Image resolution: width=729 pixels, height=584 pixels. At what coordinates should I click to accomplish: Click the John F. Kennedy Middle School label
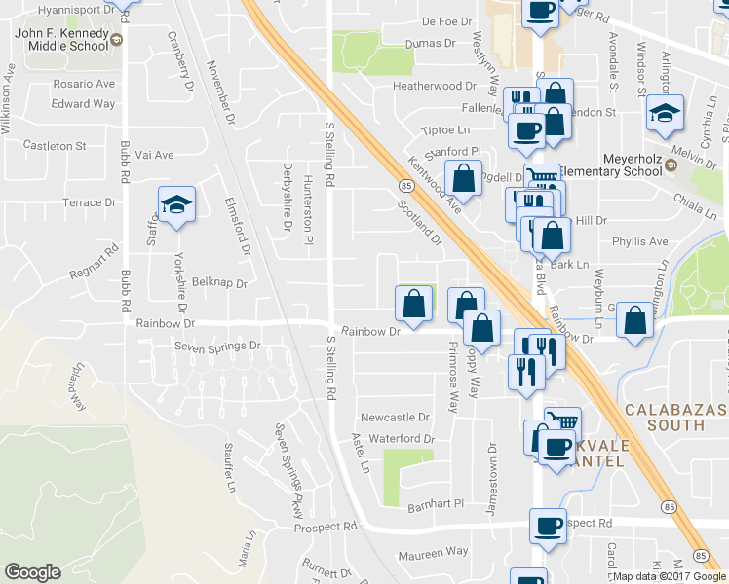tap(61, 39)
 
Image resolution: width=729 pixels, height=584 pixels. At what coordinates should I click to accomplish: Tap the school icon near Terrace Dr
tap(177, 205)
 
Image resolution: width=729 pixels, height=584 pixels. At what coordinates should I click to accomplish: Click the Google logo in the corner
tap(32, 572)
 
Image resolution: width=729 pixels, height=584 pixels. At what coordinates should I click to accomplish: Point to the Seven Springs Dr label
tap(218, 346)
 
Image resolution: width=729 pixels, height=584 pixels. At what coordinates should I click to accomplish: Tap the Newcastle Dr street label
tap(395, 417)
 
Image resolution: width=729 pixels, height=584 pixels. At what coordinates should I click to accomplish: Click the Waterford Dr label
tap(402, 439)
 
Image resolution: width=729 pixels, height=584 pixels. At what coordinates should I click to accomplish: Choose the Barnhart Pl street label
tap(436, 505)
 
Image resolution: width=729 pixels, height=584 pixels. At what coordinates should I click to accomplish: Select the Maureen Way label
tap(432, 552)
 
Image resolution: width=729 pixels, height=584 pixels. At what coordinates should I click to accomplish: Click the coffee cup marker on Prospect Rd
tap(548, 526)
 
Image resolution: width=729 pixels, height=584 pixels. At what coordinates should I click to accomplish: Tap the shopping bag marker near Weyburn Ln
tap(634, 320)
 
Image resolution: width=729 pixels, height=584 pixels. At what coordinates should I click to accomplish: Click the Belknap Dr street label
tap(219, 283)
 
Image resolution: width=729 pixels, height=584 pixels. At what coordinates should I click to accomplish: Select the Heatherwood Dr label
tap(434, 86)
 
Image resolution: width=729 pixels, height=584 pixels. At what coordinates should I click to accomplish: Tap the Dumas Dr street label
tap(430, 44)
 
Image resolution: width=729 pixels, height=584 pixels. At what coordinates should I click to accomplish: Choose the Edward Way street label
tap(84, 104)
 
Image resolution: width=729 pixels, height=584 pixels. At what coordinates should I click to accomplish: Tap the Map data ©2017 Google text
tap(670, 575)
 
